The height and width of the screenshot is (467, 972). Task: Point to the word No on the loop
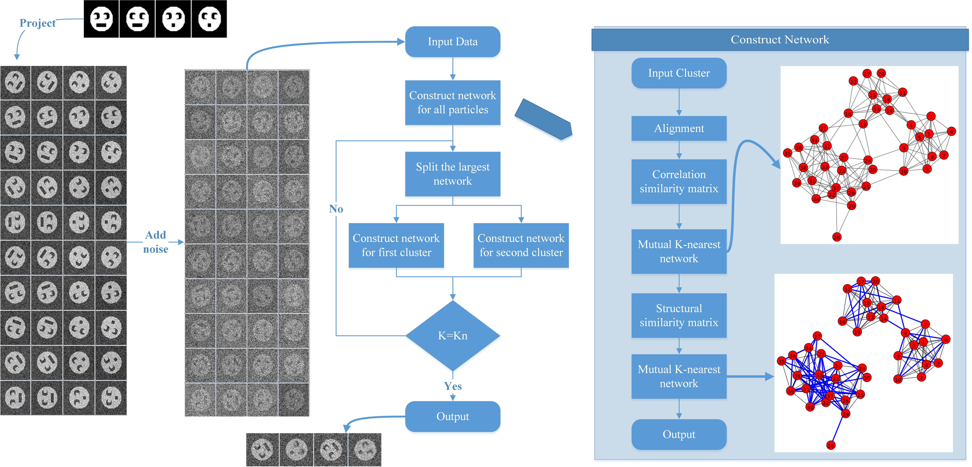tap(336, 209)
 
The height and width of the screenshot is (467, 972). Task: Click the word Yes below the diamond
tap(453, 386)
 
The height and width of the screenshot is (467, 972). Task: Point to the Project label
tap(37, 23)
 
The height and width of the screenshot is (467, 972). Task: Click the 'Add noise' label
tap(155, 242)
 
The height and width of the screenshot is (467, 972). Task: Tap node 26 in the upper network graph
tap(837, 237)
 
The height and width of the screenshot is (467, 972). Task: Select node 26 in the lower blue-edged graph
tap(831, 446)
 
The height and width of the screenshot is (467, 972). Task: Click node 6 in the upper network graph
tap(951, 131)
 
